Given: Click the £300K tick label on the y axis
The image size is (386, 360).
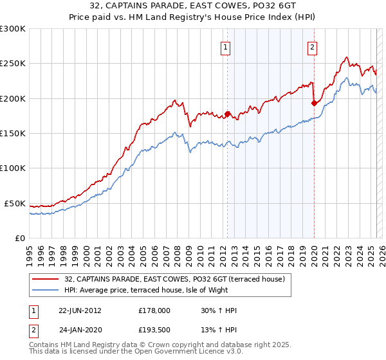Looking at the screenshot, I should click(x=13, y=29).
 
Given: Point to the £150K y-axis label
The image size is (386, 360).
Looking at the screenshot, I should click(x=13, y=133).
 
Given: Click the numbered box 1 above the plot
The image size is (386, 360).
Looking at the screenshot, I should click(x=226, y=46).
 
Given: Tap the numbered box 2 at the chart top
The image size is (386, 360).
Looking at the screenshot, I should click(x=312, y=46).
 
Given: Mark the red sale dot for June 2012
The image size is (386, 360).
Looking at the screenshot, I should click(x=227, y=115).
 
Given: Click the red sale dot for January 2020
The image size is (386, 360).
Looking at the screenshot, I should click(x=314, y=103).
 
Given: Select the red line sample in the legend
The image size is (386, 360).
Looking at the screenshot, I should click(x=45, y=278).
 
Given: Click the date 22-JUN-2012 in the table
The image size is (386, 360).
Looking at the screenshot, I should click(x=80, y=310).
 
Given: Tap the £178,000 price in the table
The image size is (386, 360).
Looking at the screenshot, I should click(x=154, y=310).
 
